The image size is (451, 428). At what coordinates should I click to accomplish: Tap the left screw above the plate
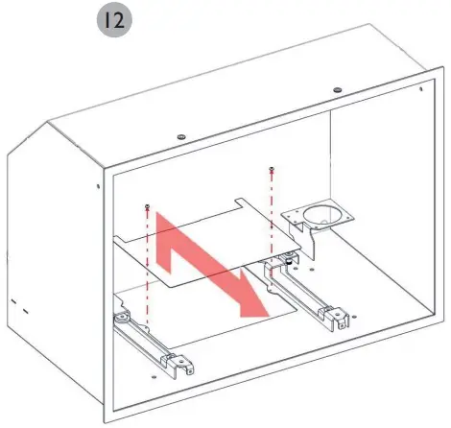pos(146,206)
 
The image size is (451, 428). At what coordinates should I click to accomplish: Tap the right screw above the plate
pos(273,171)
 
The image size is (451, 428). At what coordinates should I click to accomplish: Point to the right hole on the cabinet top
pos(337,90)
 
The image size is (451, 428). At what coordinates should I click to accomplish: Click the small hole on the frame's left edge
pos(99,186)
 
